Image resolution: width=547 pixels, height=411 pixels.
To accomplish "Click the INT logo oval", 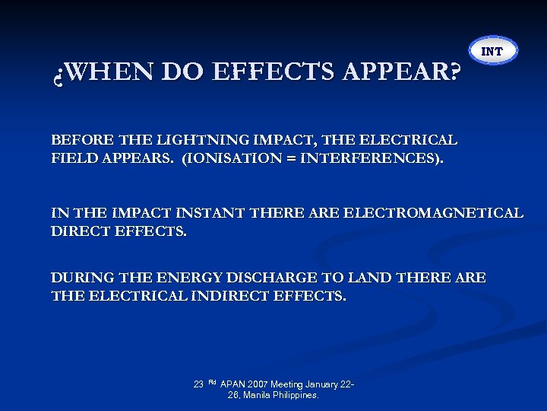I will (x=492, y=51).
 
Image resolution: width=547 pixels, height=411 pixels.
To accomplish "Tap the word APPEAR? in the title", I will (x=403, y=72).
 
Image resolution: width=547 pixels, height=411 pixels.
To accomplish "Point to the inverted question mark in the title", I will (x=58, y=74).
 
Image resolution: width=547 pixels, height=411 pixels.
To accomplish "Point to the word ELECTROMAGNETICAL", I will (x=434, y=212).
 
